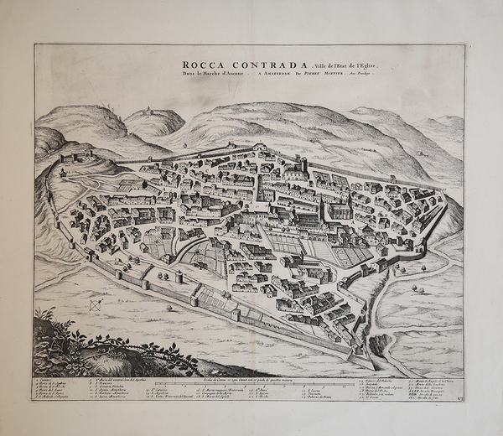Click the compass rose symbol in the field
click(96, 304)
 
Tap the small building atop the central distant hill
click(149, 109)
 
